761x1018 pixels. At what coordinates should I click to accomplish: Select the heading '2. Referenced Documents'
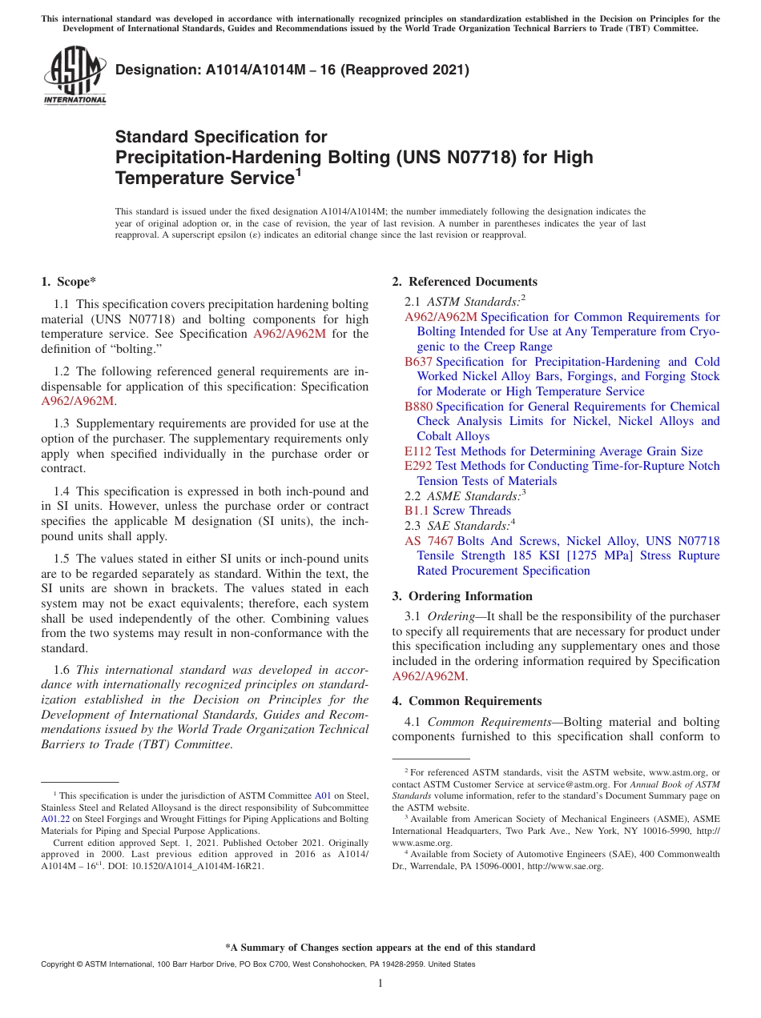coord(465,282)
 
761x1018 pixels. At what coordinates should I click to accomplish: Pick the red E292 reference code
coord(418,466)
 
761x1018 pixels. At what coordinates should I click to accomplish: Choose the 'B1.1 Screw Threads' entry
coord(457,511)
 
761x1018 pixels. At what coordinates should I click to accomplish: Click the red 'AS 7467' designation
coord(429,541)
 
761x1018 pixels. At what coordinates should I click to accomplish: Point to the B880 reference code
coord(418,407)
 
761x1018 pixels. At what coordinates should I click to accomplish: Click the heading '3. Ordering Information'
coord(462,596)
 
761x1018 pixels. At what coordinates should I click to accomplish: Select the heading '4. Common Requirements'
coord(466,701)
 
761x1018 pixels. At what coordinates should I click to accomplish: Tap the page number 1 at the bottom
coord(380,983)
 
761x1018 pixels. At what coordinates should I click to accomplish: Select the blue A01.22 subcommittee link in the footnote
coord(54,819)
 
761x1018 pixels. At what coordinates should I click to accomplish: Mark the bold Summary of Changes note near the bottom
coord(380,948)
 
